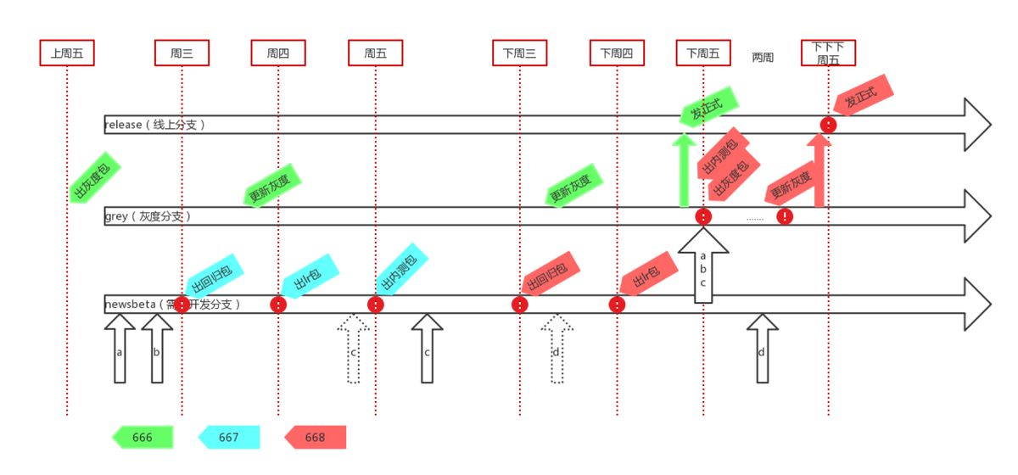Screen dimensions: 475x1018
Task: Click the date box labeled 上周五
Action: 67,53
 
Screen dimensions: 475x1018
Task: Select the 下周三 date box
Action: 519,53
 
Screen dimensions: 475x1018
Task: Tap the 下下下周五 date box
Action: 828,53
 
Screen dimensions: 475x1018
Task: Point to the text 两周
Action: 763,58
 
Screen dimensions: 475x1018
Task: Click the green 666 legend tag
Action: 143,437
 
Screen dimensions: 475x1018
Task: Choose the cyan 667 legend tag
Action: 229,437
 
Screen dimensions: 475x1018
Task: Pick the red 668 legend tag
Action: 315,437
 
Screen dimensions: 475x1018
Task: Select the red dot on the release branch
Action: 829,125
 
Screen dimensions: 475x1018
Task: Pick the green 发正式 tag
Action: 709,107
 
